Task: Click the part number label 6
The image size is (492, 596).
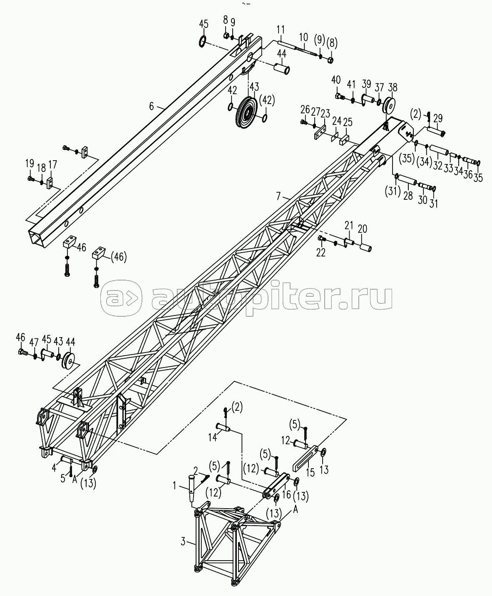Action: pos(152,107)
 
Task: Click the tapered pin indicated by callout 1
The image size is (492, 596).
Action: pos(191,489)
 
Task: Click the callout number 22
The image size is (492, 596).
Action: pos(321,253)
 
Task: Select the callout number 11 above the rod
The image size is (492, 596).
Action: pos(281,30)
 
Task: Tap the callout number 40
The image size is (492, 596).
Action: pos(336,80)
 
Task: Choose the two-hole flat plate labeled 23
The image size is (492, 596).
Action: pos(320,132)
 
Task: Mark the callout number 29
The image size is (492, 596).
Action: pos(438,118)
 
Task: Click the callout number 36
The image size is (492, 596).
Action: pos(468,174)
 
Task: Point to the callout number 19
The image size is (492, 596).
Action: pos(30,164)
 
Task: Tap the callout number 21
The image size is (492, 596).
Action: pos(349,226)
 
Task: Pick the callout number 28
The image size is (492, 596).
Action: pos(408,196)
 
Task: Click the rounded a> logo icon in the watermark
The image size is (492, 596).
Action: pos(121,298)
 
